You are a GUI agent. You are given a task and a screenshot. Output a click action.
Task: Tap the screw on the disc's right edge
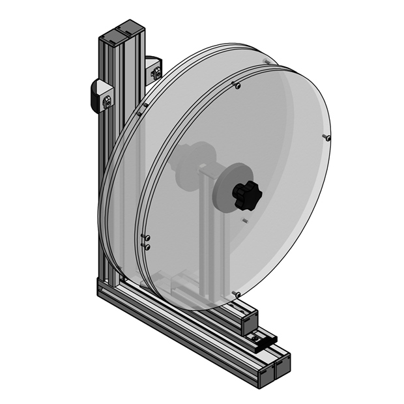click(x=327, y=138)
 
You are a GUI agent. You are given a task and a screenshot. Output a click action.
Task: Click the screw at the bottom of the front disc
click(x=236, y=295)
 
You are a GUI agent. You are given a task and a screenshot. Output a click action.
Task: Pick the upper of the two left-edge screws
click(x=145, y=237)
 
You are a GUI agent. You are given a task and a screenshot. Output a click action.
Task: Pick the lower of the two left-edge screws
click(x=147, y=247)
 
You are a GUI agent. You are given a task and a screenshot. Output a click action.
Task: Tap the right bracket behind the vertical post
click(x=154, y=69)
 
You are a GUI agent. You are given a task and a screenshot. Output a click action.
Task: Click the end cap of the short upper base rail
click(x=250, y=321)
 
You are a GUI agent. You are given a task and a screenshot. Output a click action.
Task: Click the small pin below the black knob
click(x=244, y=221)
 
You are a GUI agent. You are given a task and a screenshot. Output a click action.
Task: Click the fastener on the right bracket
click(x=157, y=74)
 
